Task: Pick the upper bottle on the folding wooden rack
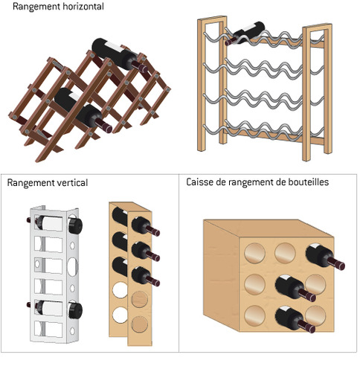[x=115, y=54]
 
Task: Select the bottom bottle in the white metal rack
[x=56, y=308]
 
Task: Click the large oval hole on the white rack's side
[x=71, y=266]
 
